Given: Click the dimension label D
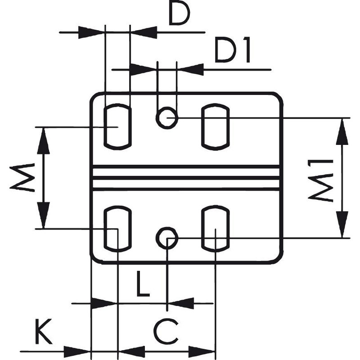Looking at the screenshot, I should coord(179,14).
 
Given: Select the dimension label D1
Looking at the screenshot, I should coord(232,51).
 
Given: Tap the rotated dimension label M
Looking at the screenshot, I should coord(22,177).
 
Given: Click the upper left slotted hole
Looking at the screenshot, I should coord(117,127).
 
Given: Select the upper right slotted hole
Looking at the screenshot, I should coord(215,127).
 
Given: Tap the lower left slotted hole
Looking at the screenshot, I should coord(117,229).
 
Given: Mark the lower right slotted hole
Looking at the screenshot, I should coord(215,229).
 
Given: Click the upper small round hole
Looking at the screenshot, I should coord(167,118).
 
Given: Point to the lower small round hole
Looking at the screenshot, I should coord(167,237).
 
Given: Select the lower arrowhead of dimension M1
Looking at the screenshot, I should coord(342,223).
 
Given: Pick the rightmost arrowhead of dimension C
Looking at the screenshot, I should coord(202,351).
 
